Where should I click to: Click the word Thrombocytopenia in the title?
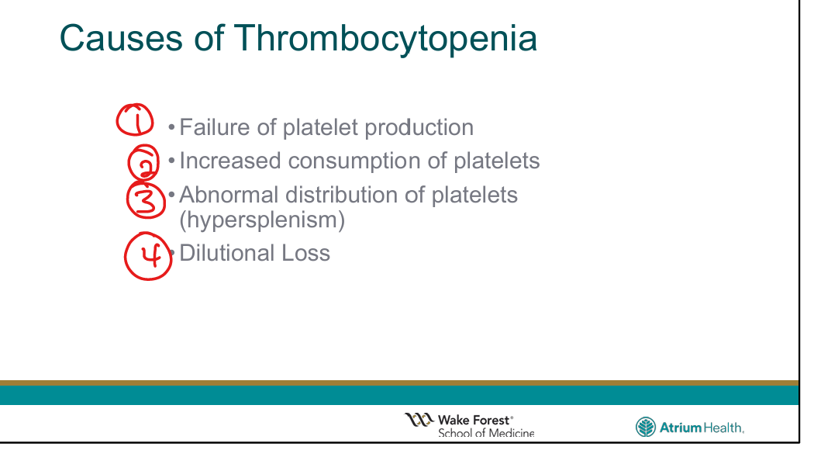(386, 39)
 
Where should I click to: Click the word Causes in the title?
(121, 38)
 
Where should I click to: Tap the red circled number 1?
(134, 120)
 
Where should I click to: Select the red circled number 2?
(143, 162)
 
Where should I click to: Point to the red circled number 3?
(146, 199)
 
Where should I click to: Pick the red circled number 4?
(149, 256)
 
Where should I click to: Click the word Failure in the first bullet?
(215, 127)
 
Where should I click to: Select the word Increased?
(230, 161)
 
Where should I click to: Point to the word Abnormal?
(229, 195)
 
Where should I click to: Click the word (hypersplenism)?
(262, 220)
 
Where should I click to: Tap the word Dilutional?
(227, 253)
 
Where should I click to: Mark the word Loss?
(305, 253)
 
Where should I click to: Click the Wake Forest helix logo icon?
(419, 419)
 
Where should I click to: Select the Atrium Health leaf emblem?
(645, 427)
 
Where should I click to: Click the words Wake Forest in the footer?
(474, 420)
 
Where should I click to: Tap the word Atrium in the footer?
(680, 428)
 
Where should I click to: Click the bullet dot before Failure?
(171, 127)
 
